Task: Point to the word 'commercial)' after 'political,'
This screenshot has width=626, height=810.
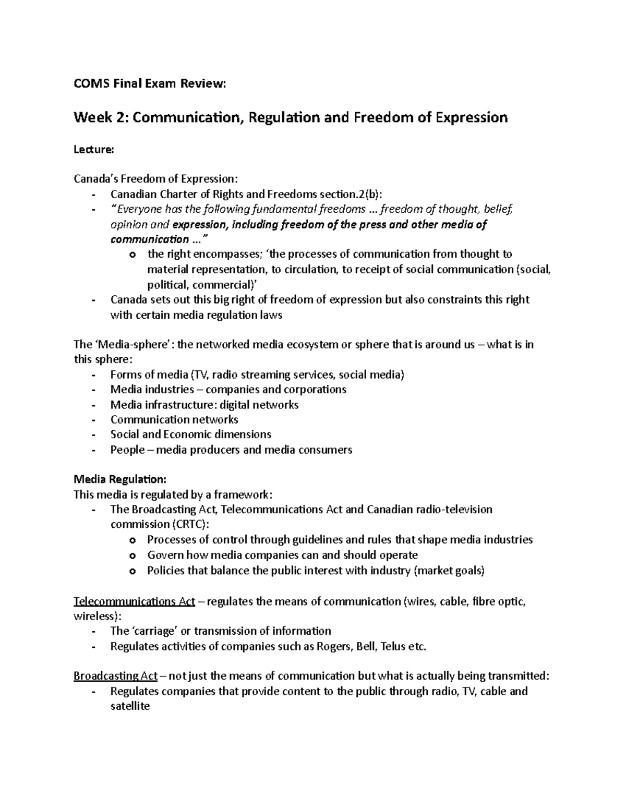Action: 230,284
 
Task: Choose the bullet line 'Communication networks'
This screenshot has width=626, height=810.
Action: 174,419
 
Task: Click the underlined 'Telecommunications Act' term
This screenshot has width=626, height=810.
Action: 135,601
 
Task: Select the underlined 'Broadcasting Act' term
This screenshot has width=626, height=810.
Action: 115,676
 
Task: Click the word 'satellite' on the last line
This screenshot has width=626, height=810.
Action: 130,707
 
